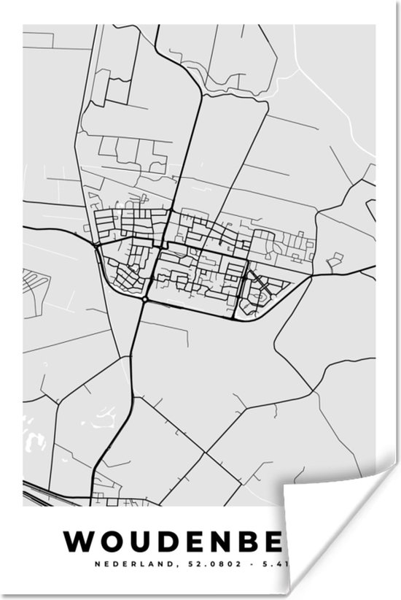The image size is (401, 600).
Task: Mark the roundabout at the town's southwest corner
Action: click(145, 299)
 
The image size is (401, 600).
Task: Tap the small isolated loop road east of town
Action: click(335, 259)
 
